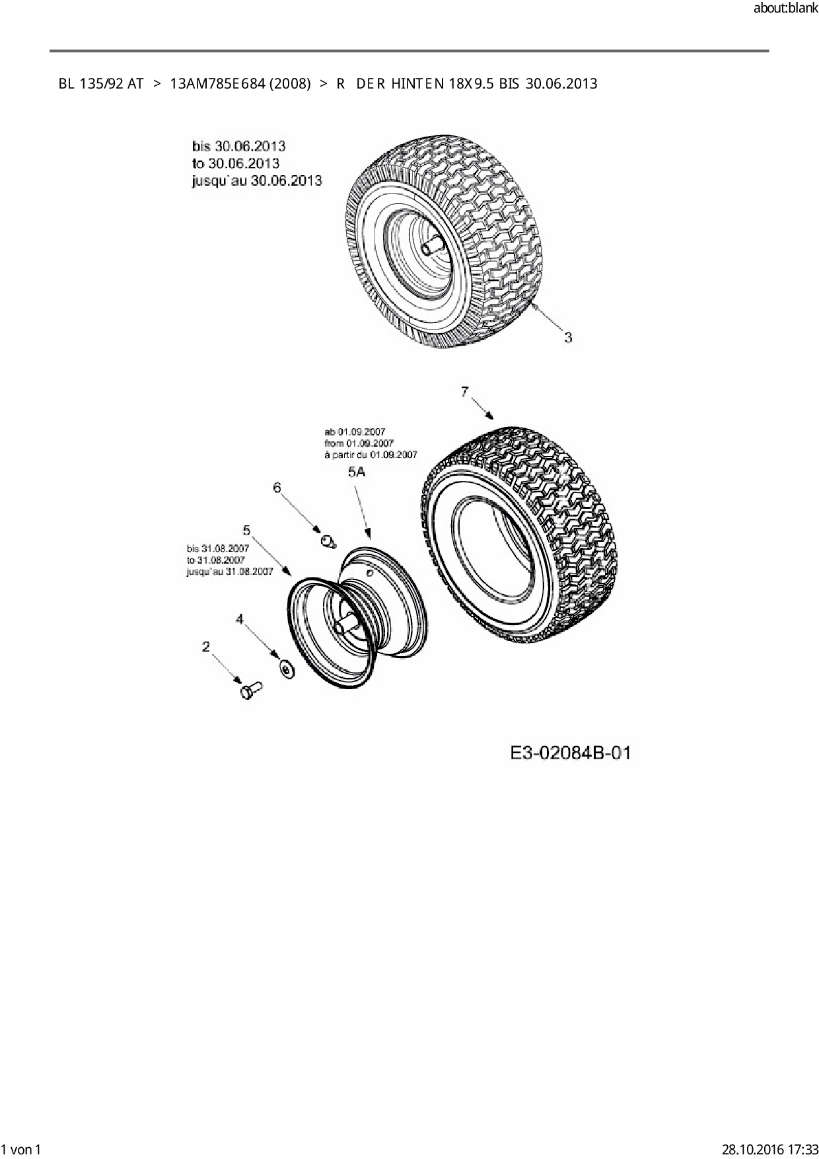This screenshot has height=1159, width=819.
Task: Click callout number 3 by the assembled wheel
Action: (567, 338)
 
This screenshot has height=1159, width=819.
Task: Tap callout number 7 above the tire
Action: (465, 392)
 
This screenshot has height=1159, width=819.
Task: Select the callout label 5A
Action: (357, 472)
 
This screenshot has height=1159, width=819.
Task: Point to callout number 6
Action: (277, 488)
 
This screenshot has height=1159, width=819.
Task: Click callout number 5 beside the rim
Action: (246, 530)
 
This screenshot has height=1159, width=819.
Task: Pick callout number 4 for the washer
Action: (240, 618)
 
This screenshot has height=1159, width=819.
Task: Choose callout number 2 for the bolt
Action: (206, 646)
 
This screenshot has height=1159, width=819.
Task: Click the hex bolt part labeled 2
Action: (250, 691)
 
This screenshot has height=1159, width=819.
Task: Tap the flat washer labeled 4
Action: (287, 669)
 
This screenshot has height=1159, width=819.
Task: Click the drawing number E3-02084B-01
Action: (571, 753)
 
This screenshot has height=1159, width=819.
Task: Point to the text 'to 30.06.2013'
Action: (236, 163)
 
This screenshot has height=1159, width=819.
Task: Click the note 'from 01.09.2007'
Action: (359, 443)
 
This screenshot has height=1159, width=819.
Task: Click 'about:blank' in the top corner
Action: (785, 9)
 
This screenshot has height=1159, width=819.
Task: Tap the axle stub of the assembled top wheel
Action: (433, 246)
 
